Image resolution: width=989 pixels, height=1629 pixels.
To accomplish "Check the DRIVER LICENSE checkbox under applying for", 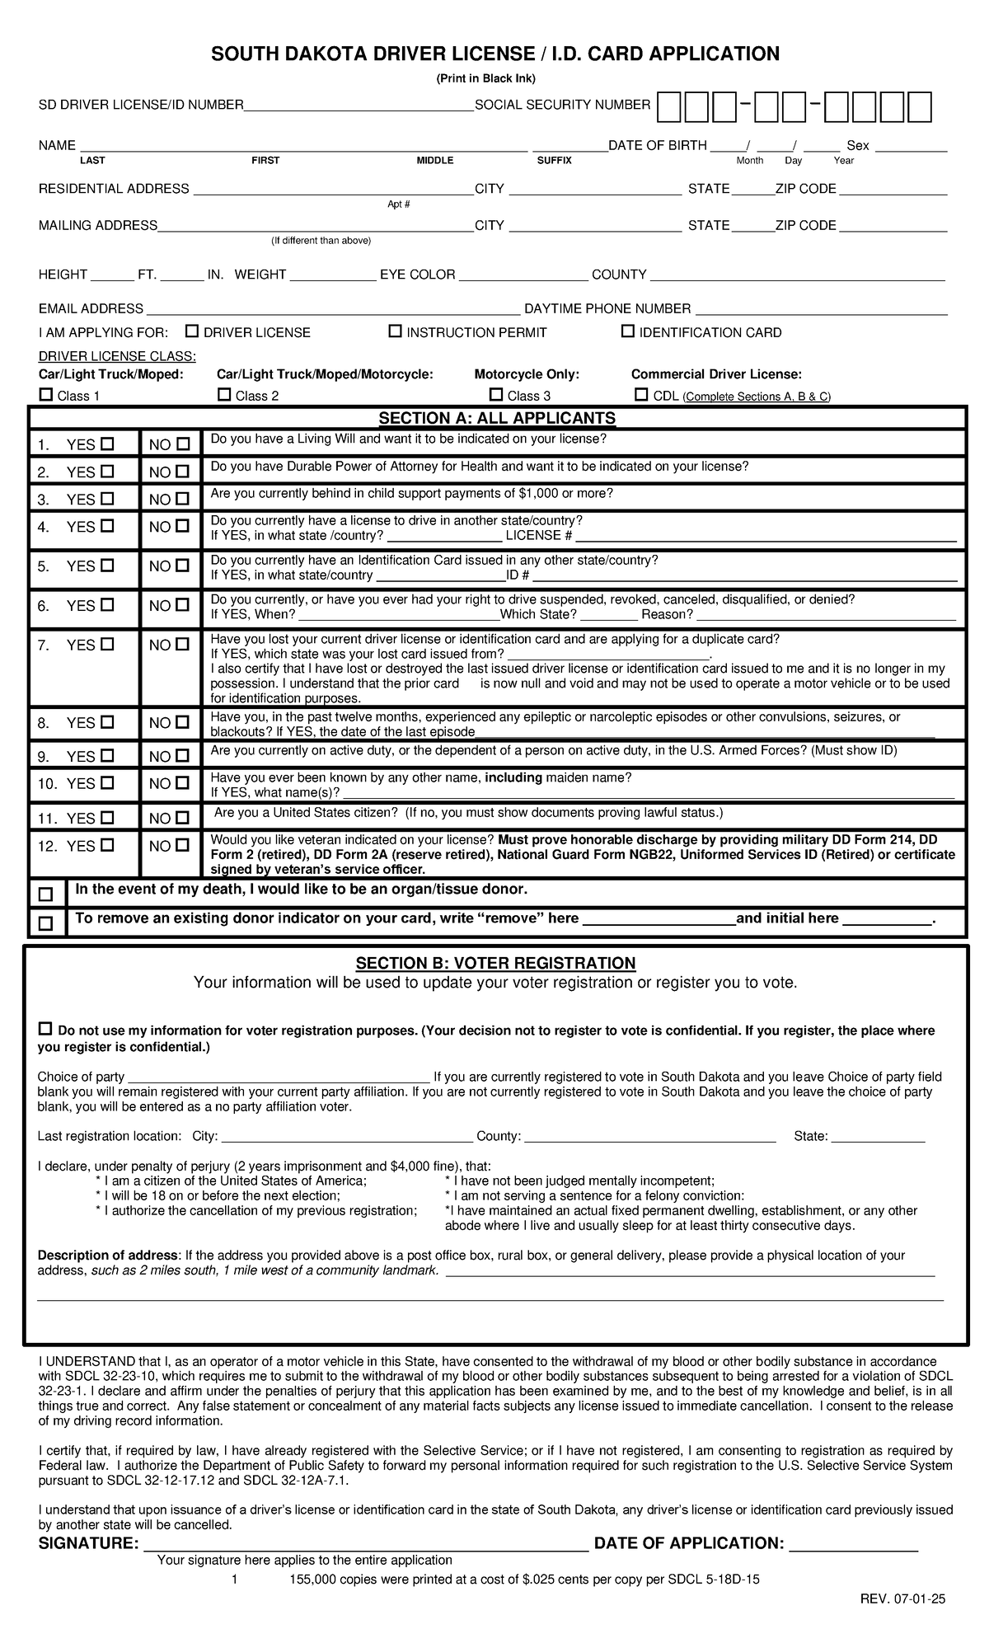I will [x=192, y=331].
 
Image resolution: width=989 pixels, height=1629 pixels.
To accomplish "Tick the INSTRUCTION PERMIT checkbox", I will [x=395, y=331].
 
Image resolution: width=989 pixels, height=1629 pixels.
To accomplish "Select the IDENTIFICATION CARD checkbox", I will [x=628, y=331].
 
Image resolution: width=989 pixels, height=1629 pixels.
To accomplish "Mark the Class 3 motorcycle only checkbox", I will [x=496, y=395].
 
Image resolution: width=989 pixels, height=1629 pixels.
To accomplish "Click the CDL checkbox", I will [x=641, y=395].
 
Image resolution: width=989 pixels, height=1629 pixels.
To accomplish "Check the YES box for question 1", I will [x=107, y=444].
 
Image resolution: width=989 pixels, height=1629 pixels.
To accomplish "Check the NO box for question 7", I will [x=182, y=645].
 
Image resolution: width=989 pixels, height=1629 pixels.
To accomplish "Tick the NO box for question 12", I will [x=182, y=845].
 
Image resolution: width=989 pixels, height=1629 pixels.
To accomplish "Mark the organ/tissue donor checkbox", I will [x=45, y=894].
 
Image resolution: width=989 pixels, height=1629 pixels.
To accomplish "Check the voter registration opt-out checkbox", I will [x=45, y=1029].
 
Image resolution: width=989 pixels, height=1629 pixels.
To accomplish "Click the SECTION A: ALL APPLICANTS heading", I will [x=496, y=418].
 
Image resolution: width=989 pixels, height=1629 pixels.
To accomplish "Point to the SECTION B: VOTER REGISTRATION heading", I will [x=495, y=963].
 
